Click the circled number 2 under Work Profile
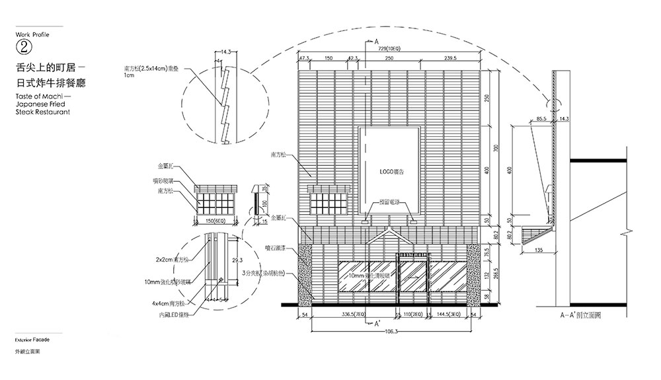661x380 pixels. [23, 46]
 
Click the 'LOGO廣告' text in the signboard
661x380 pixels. [391, 172]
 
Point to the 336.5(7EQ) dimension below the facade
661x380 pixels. [352, 316]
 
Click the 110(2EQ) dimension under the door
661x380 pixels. [412, 316]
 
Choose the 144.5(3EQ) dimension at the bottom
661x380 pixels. [448, 316]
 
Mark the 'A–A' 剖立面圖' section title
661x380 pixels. [580, 316]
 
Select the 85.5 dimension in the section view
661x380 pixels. [541, 119]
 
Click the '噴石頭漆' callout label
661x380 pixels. [275, 248]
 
